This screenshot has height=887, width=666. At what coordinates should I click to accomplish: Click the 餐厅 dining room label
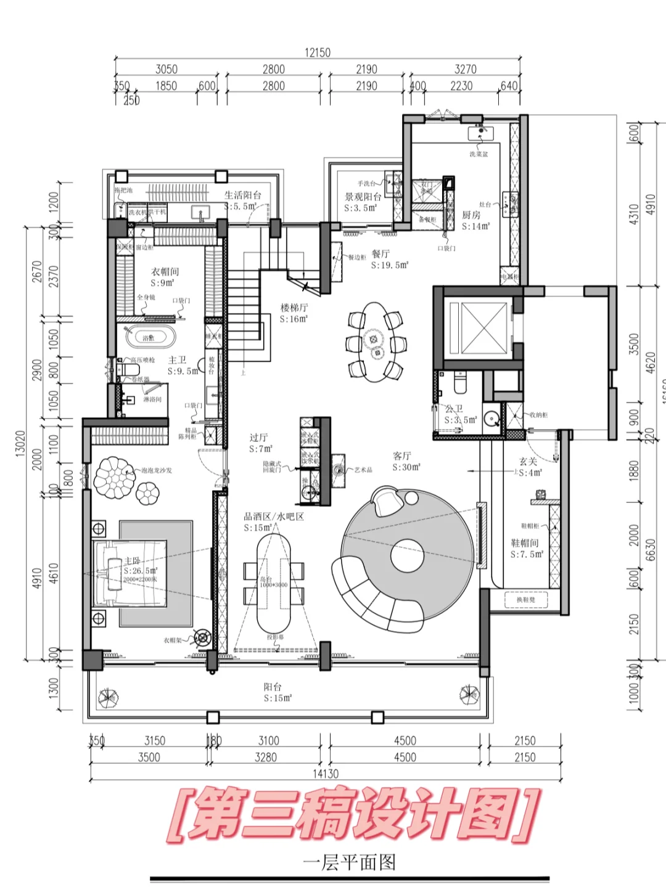coord(380,254)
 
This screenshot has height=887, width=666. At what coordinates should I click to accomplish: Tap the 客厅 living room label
coord(401,456)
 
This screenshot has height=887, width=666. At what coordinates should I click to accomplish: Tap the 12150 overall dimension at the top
coord(317,52)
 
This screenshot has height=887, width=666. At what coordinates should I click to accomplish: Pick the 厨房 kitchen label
coord(471,215)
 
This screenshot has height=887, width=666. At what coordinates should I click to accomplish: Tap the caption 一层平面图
coord(349,862)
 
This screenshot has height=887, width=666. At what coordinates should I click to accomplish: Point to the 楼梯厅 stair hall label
coord(294,307)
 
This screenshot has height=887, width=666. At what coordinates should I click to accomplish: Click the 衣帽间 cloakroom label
coord(165,271)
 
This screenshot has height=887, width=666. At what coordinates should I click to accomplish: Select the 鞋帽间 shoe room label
coord(525,542)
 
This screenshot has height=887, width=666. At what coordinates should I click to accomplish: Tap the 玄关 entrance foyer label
coord(528,461)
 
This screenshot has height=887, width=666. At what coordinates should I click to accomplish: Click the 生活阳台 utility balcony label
coord(242,195)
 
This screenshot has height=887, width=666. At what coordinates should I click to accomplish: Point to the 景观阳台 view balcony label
coord(363,197)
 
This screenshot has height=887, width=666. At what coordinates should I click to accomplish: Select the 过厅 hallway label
coord(258,438)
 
